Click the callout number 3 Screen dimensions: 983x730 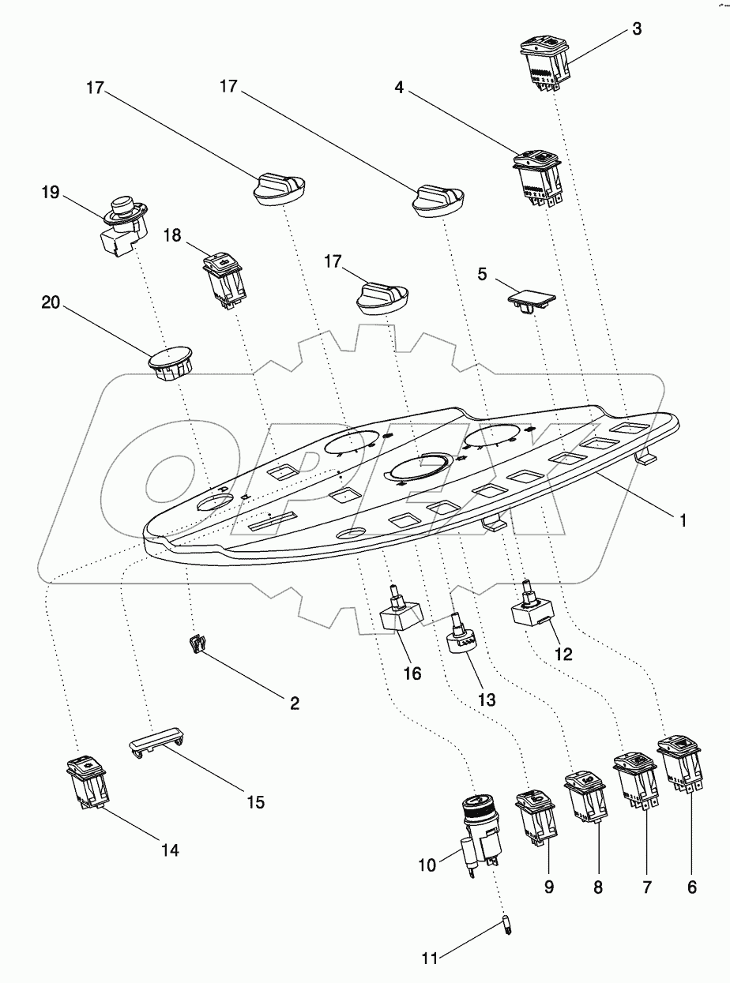point(637,29)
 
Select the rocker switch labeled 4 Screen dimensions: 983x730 point(537,180)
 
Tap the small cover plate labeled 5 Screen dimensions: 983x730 point(530,301)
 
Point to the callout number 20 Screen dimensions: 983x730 point(50,304)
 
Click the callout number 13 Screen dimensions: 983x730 point(485,700)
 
